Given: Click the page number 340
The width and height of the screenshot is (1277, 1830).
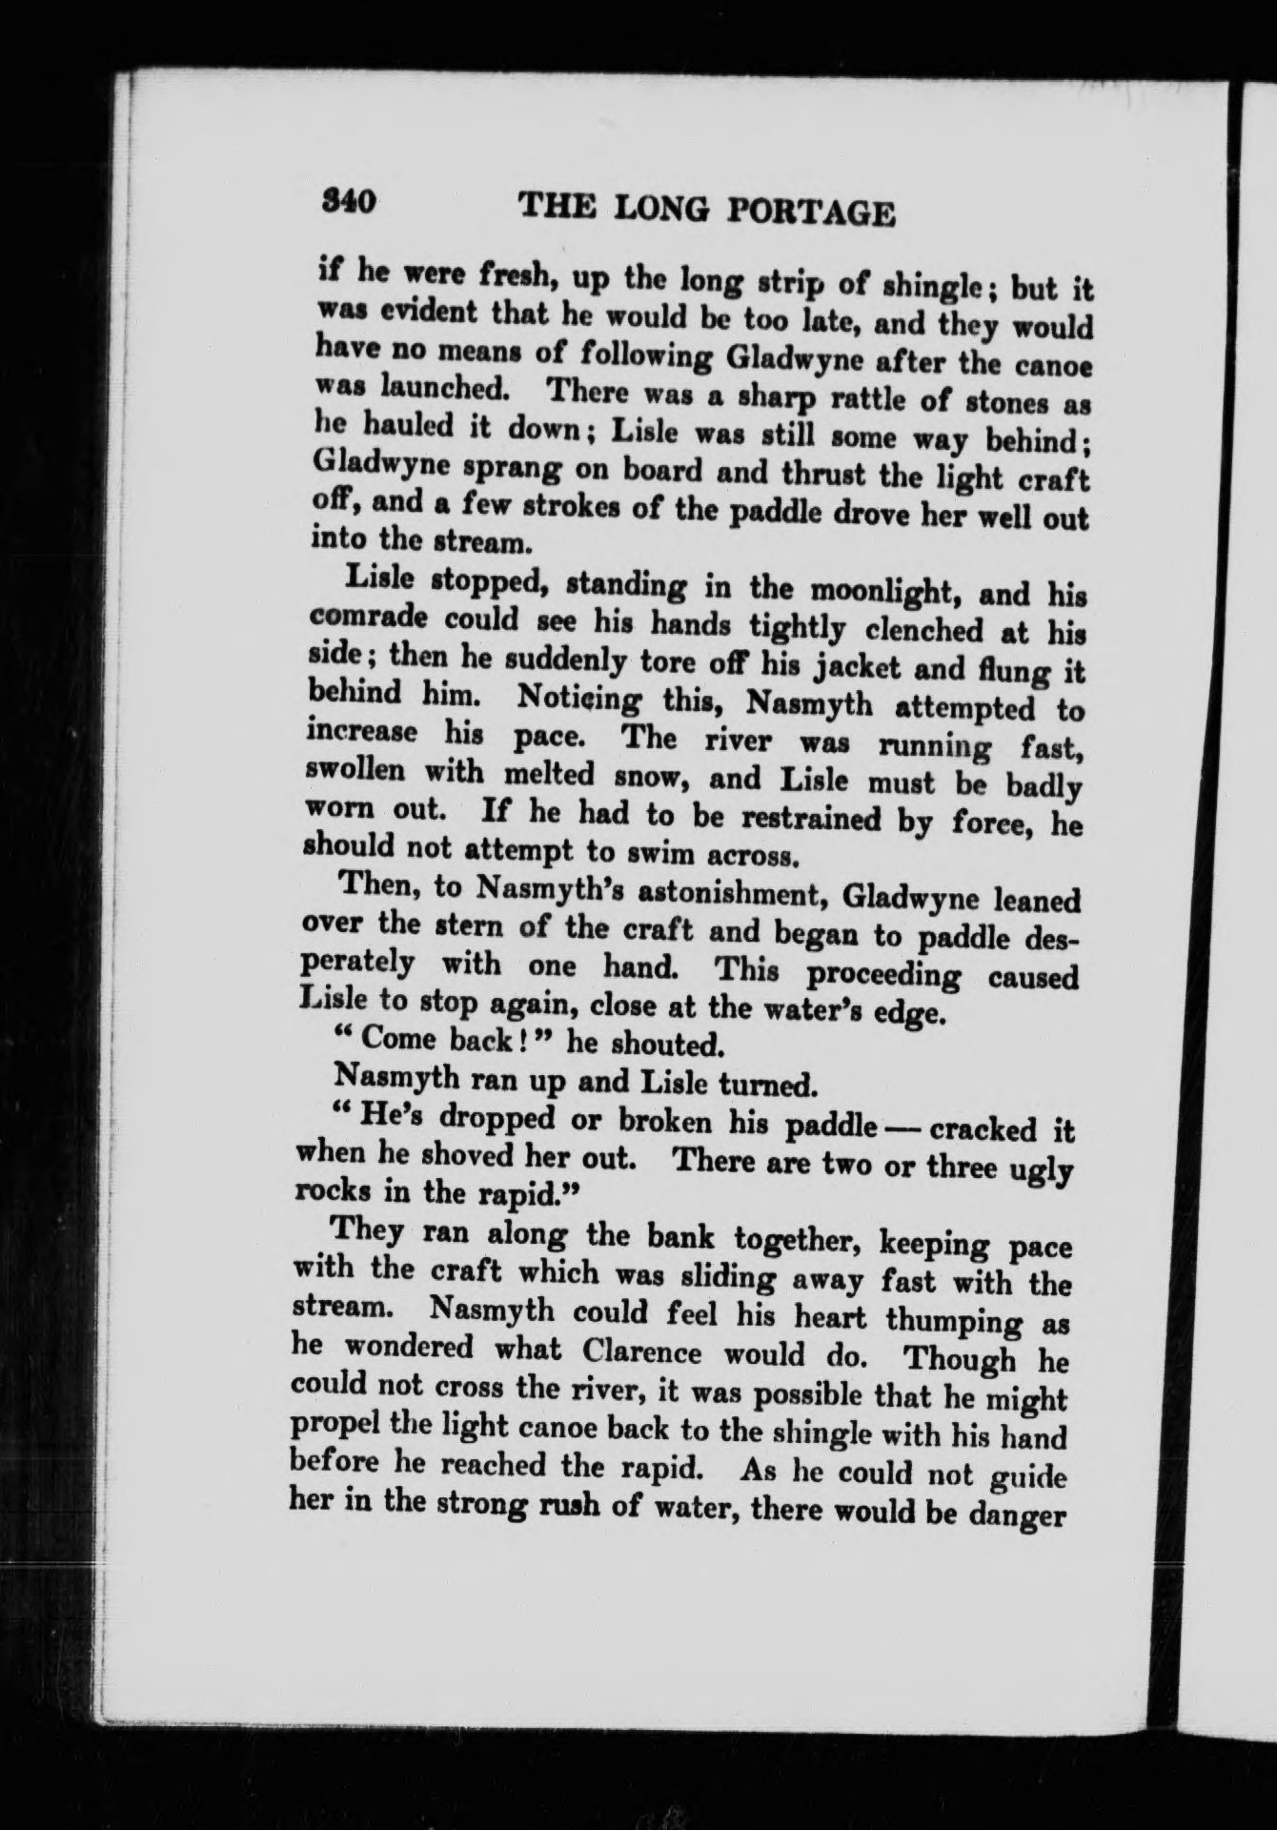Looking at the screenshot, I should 350,203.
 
